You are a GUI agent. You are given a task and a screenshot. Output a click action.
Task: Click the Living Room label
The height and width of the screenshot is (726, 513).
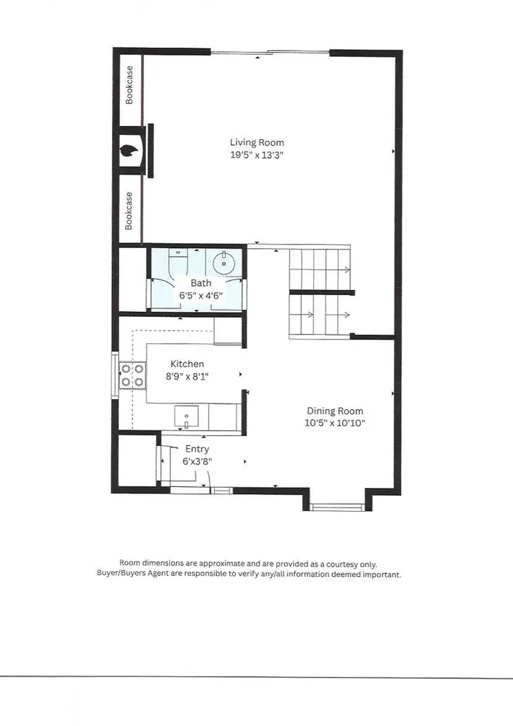point(256,143)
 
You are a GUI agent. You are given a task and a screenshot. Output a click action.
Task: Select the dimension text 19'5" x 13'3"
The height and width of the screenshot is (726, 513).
point(256,155)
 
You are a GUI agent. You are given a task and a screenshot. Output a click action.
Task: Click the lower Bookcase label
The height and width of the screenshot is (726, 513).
point(130,211)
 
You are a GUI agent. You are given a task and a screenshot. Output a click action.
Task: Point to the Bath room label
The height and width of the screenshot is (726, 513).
point(201,283)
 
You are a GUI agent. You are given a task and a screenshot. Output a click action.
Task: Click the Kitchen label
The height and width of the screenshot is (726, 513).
point(187,364)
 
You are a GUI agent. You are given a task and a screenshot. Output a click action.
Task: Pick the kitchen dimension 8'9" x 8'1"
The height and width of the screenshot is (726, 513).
point(187,376)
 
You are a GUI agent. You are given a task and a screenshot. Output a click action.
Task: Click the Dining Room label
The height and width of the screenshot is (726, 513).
point(334,411)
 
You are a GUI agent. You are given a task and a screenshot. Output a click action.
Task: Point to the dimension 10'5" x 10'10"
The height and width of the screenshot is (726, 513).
point(335,423)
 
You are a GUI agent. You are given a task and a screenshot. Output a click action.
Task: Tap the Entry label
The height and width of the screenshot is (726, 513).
point(197,449)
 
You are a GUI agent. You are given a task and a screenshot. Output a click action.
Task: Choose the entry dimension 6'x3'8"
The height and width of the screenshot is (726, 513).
point(198,461)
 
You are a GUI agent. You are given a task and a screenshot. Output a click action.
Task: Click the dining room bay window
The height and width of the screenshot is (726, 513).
point(337,506)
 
